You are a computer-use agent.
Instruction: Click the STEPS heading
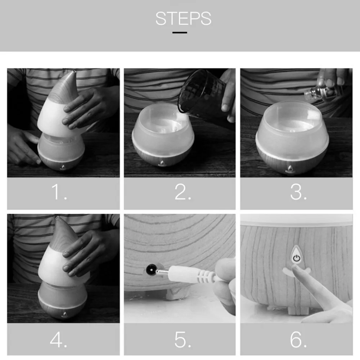[183, 18]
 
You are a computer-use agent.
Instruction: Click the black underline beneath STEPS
[180, 33]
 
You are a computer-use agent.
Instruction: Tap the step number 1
[59, 192]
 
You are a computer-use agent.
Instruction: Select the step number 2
[183, 192]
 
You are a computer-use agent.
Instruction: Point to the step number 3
[298, 192]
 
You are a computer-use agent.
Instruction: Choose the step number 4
[59, 339]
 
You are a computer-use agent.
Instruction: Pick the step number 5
[183, 339]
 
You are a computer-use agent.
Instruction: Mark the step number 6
[298, 339]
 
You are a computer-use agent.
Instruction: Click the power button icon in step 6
[296, 258]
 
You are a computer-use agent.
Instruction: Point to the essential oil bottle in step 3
[321, 92]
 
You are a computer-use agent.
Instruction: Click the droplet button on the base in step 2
[162, 163]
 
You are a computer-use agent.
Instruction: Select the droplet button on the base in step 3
[290, 169]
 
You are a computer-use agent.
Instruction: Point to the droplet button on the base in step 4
[65, 314]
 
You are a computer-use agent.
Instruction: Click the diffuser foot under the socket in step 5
[178, 293]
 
